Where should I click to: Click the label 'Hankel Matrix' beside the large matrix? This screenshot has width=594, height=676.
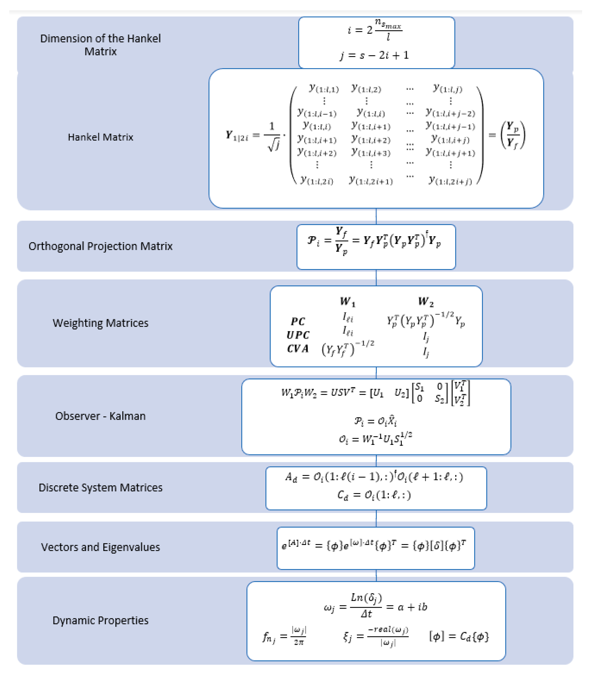pyautogui.click(x=100, y=137)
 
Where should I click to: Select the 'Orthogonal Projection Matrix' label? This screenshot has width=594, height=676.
pyautogui.click(x=100, y=246)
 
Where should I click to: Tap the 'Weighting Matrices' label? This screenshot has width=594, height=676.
pyautogui.click(x=100, y=323)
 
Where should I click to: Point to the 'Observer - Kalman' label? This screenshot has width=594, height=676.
pyautogui.click(x=100, y=416)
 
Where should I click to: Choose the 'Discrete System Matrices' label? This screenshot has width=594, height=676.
pyautogui.click(x=100, y=487)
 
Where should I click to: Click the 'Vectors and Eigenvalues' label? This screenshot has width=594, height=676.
pyautogui.click(x=100, y=547)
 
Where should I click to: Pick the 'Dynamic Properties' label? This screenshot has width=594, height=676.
pyautogui.click(x=100, y=620)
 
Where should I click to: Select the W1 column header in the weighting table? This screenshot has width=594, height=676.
pyautogui.click(x=347, y=301)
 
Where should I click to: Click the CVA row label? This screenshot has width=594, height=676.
pyautogui.click(x=298, y=349)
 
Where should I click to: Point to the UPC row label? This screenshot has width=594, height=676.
pyautogui.click(x=298, y=335)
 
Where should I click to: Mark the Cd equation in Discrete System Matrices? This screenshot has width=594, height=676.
pyautogui.click(x=374, y=495)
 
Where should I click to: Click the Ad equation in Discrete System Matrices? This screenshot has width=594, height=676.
pyautogui.click(x=374, y=477)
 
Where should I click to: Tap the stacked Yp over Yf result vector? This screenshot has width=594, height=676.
pyautogui.click(x=513, y=135)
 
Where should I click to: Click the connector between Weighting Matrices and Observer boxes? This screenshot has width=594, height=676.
pyautogui.click(x=376, y=373)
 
